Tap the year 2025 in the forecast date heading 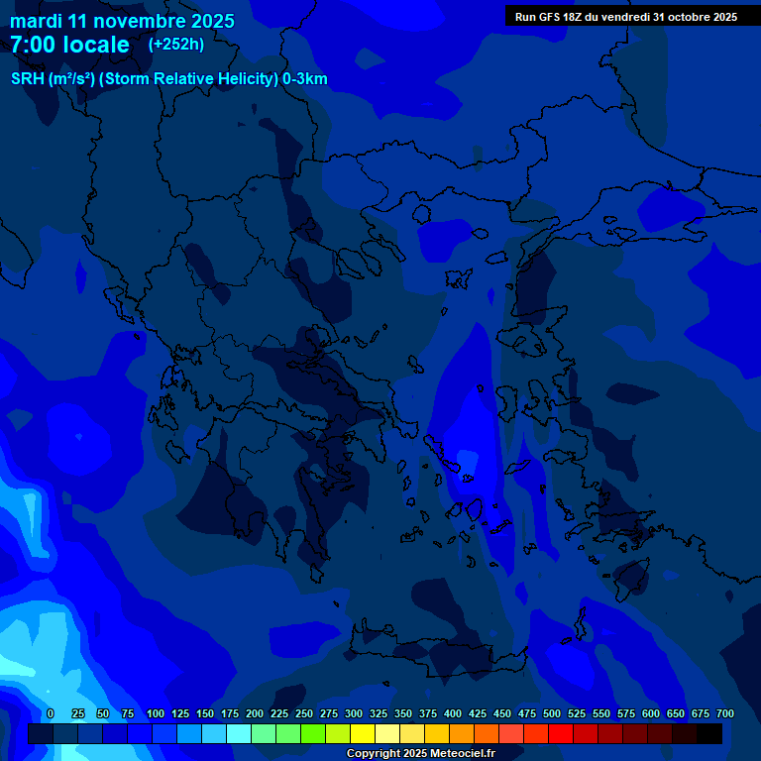point(207,21)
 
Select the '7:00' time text point(33,45)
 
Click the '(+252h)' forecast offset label point(176,45)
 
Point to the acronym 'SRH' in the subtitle point(28,79)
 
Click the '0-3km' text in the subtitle point(305,79)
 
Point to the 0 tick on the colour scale point(51,713)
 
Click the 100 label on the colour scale point(156,713)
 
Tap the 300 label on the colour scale point(354,713)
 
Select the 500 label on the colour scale point(552,713)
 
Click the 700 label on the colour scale point(725,713)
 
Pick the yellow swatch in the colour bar point(363,733)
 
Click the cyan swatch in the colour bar point(239,733)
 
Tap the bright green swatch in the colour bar point(313,733)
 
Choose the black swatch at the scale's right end point(709,733)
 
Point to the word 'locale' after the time point(96,45)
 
